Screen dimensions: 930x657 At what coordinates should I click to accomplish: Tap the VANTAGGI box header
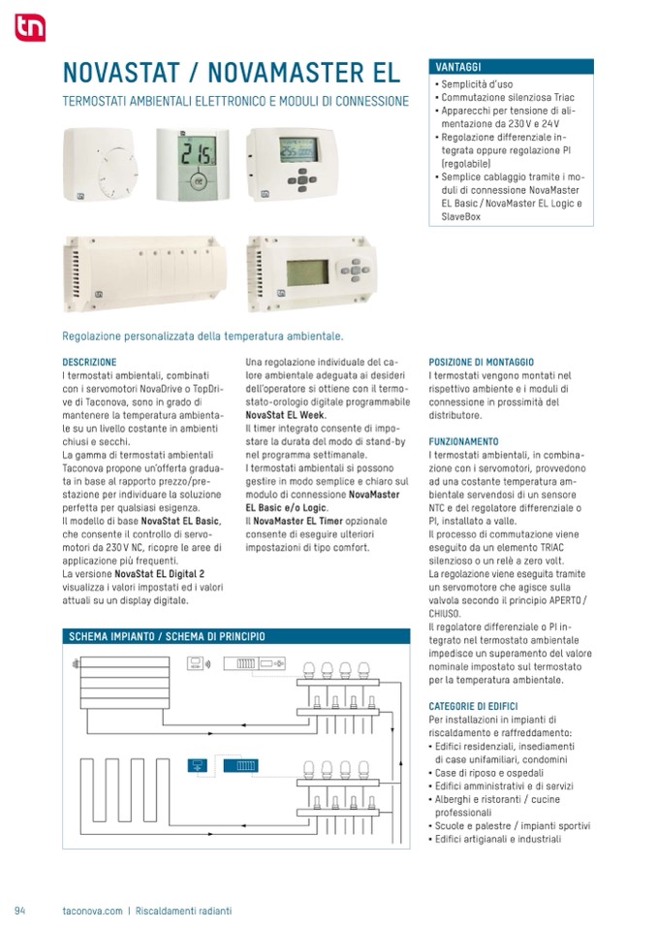458,68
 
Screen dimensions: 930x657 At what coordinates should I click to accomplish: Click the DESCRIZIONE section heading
89,362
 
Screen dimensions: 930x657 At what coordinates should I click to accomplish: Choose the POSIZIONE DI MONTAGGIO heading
481,362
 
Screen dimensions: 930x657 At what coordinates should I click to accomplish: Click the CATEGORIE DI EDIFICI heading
473,706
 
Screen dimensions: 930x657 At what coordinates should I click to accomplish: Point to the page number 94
19,911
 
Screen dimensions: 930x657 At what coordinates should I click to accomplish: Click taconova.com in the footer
92,911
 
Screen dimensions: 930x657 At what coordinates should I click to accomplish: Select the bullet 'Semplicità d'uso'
476,84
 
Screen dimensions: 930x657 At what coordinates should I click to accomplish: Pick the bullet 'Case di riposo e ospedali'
492,772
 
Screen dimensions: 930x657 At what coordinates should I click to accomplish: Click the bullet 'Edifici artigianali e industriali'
499,839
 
